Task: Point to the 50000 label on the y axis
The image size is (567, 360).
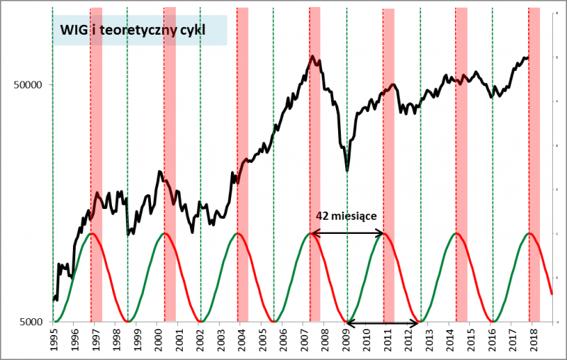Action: pyautogui.click(x=30, y=84)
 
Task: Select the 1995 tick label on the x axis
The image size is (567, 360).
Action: pyautogui.click(x=54, y=339)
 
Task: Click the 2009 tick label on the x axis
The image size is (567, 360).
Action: pyautogui.click(x=346, y=339)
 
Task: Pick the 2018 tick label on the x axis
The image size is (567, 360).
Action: pyautogui.click(x=534, y=339)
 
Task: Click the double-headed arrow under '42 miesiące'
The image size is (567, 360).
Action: pyautogui.click(x=347, y=233)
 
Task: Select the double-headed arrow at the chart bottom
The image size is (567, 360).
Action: pyautogui.click(x=383, y=325)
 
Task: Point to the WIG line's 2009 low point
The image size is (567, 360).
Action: pyautogui.click(x=347, y=171)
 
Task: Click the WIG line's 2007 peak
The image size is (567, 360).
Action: pyautogui.click(x=312, y=57)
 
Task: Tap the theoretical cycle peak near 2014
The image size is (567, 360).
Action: pyautogui.click(x=456, y=233)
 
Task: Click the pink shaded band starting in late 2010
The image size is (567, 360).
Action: pyautogui.click(x=388, y=163)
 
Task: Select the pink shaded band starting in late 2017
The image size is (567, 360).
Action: pyautogui.click(x=535, y=163)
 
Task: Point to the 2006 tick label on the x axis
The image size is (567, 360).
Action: pyautogui.click(x=283, y=339)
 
